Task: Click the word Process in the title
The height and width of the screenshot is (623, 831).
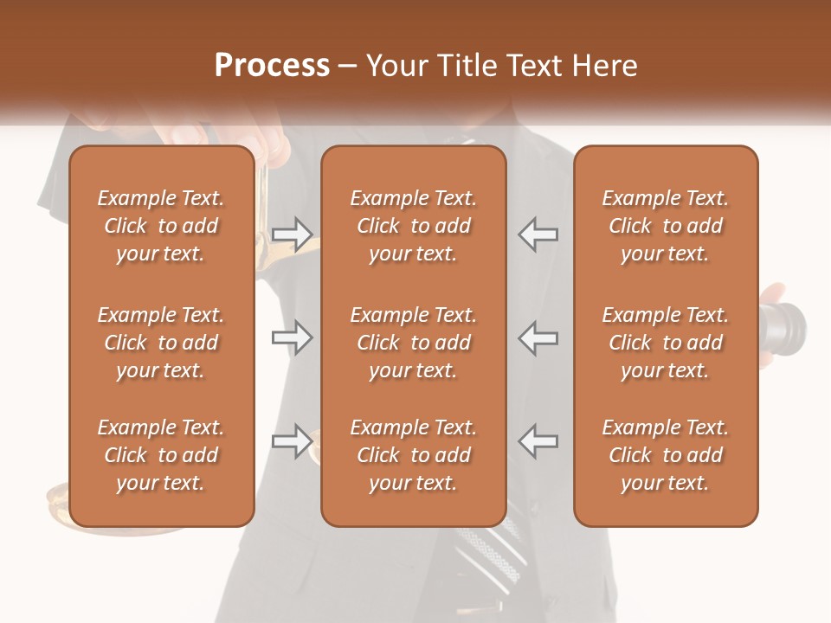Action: coord(272,66)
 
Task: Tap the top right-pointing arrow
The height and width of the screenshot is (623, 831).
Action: coord(292,234)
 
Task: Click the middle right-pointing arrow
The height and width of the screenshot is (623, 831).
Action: coord(292,337)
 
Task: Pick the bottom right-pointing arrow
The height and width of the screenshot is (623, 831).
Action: coord(292,441)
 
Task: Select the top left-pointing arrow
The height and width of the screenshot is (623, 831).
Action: coord(538,234)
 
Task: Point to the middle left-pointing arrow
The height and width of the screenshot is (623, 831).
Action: coord(538,337)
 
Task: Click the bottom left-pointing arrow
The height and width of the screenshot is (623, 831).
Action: coord(538,441)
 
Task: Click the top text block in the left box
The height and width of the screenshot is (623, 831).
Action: coord(161,226)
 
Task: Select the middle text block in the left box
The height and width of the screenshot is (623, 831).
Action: coord(161,343)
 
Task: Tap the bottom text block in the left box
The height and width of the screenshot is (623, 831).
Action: coord(161,455)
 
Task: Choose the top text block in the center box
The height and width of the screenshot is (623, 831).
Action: coord(413,226)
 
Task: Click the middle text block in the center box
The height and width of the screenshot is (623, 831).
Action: coord(413,343)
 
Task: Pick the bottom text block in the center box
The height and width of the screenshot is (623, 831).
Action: coord(413,455)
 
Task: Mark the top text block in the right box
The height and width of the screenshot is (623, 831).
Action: coord(665,226)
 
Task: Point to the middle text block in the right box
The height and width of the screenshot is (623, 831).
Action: coord(665,343)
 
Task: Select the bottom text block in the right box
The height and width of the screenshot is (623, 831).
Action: coord(665,455)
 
